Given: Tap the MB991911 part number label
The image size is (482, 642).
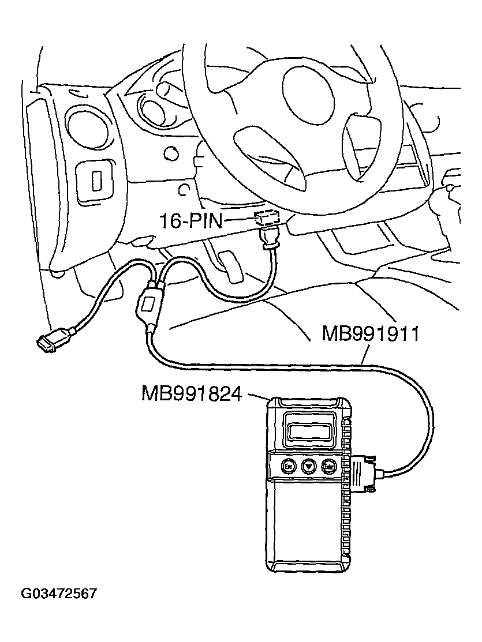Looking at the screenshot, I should pyautogui.click(x=370, y=333).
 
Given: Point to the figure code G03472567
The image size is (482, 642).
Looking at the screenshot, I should pyautogui.click(x=59, y=594).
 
